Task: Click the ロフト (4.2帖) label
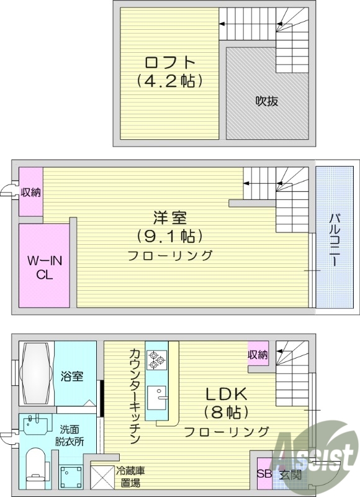170,71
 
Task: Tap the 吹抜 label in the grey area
266,102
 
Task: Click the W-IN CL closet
43,265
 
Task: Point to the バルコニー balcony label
334,239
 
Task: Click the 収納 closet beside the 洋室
30,192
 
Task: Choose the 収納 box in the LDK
258,355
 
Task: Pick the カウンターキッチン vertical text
134,394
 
